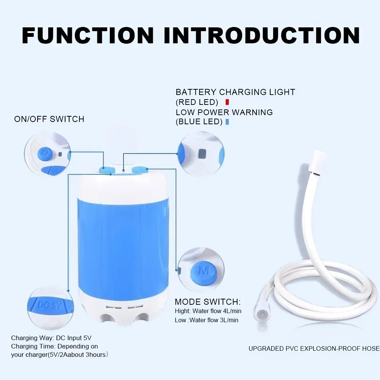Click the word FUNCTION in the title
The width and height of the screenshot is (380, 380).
[88, 35]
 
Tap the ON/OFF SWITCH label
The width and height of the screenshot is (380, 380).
[49, 119]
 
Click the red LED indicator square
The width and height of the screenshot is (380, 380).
[227, 102]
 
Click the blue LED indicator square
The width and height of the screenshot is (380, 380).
[227, 122]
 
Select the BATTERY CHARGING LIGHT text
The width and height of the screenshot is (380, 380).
[235, 92]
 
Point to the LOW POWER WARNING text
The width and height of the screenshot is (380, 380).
[224, 112]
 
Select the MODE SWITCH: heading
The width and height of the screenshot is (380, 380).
[207, 302]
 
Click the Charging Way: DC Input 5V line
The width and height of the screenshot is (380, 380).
[51, 338]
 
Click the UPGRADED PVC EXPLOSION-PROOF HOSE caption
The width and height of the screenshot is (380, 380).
[314, 348]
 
